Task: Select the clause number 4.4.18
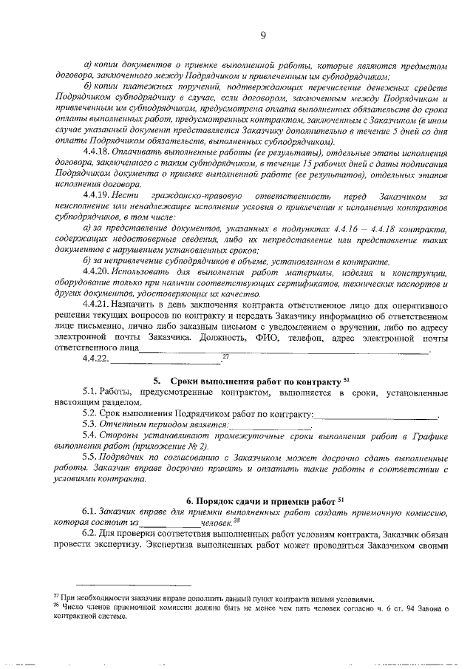point(98,150)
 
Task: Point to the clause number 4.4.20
point(98,272)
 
